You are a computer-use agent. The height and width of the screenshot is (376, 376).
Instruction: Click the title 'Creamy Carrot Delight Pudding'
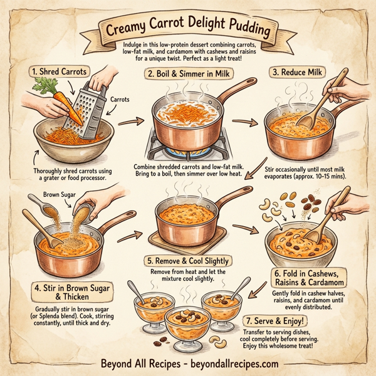pos(188,29)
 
